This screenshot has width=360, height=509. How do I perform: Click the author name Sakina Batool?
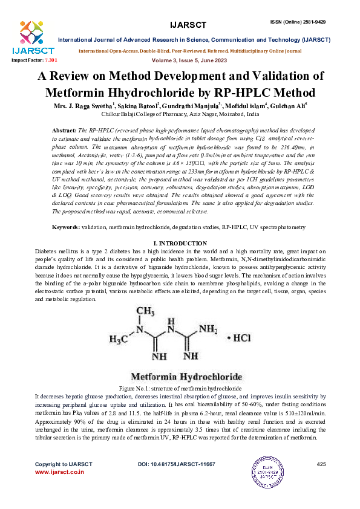point(137,106)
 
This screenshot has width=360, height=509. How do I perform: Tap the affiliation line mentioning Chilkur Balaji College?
point(180,114)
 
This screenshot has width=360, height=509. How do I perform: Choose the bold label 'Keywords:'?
point(67,227)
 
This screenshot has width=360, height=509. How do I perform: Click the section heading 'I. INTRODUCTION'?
point(180,243)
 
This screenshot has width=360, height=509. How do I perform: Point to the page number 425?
point(321,464)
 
